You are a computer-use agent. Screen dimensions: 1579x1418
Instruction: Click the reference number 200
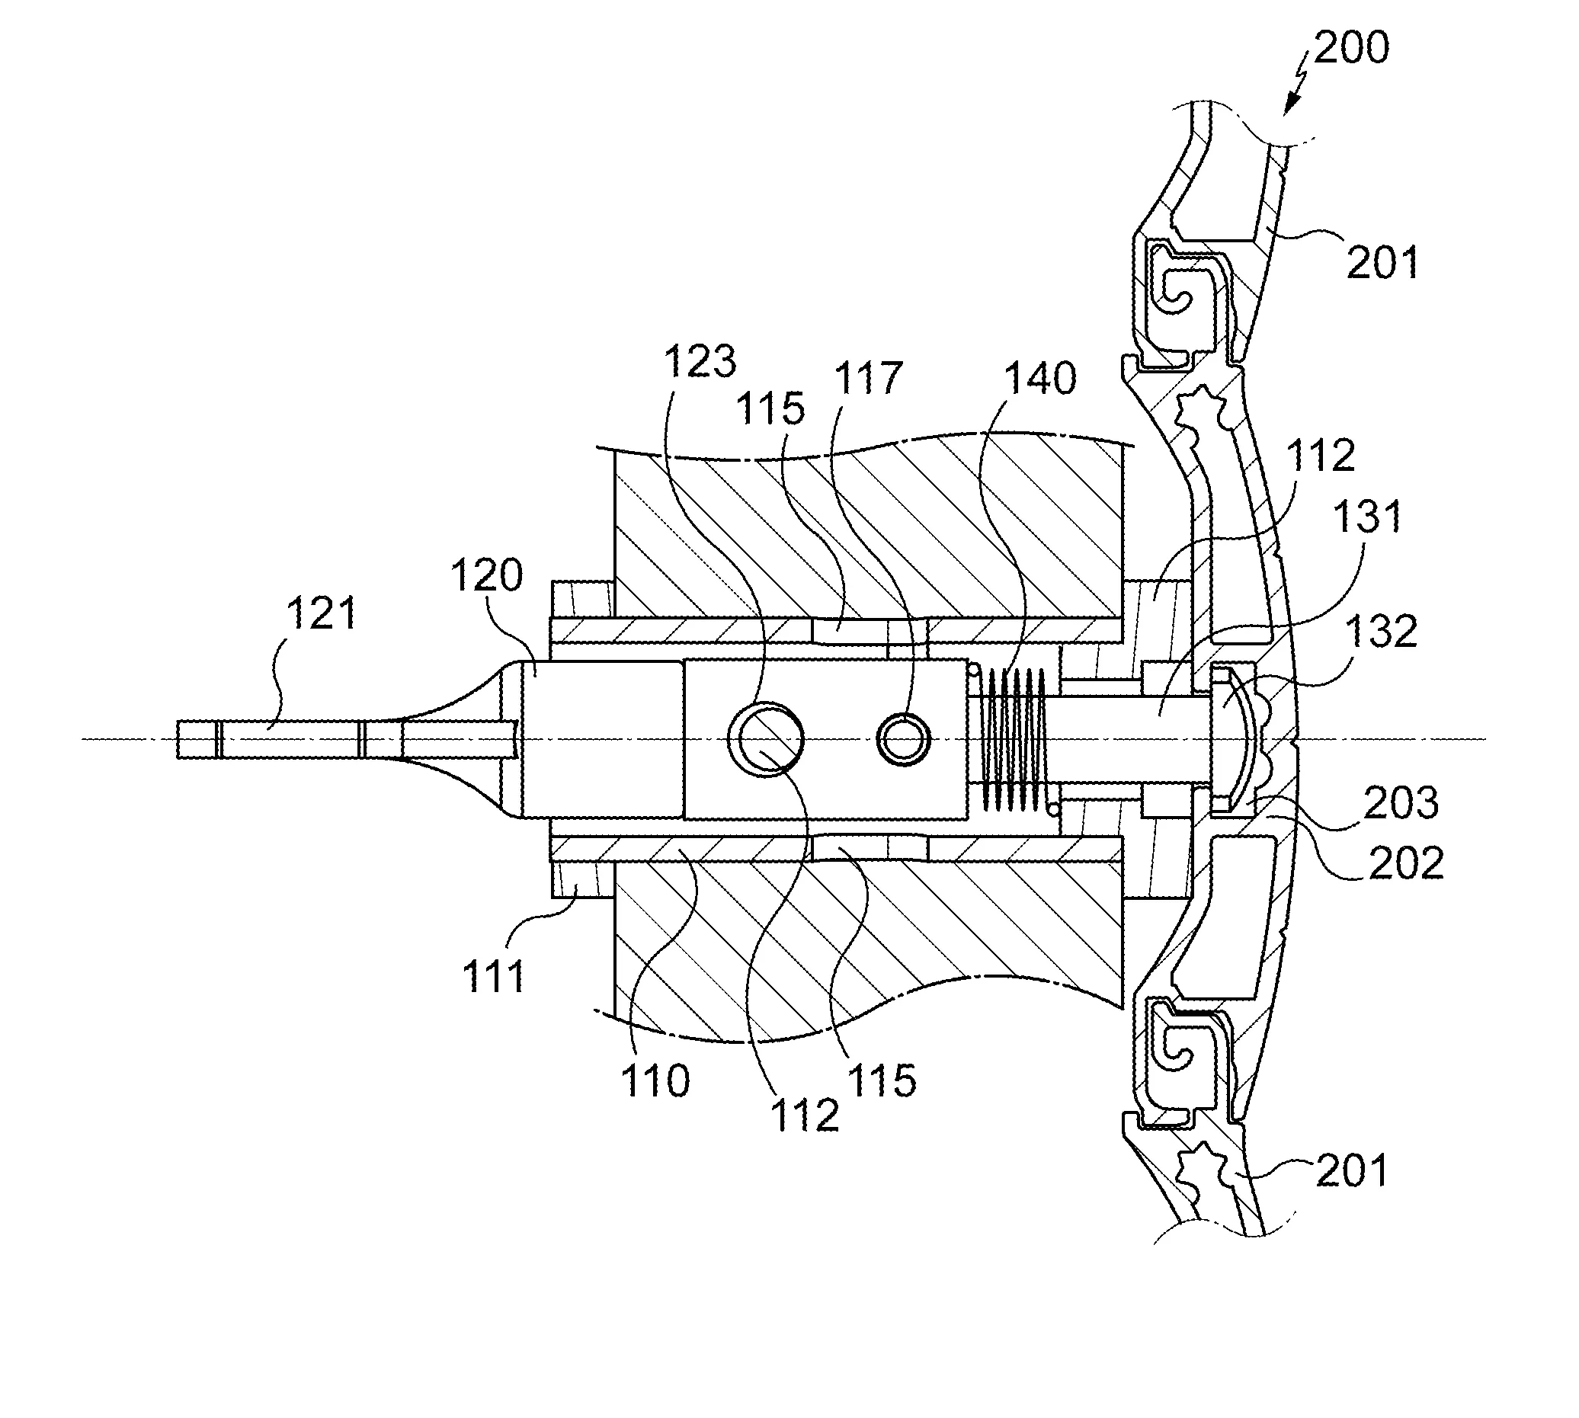(x=1351, y=47)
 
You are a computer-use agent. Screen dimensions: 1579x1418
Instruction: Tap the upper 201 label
(x=1382, y=262)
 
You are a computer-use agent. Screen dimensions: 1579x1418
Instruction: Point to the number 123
(x=700, y=361)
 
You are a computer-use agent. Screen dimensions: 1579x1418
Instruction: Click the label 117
(x=868, y=379)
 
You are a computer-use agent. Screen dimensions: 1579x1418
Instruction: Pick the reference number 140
(x=1039, y=379)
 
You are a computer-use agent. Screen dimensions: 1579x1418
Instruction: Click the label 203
(x=1401, y=803)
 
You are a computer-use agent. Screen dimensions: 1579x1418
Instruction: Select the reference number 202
(x=1406, y=864)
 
